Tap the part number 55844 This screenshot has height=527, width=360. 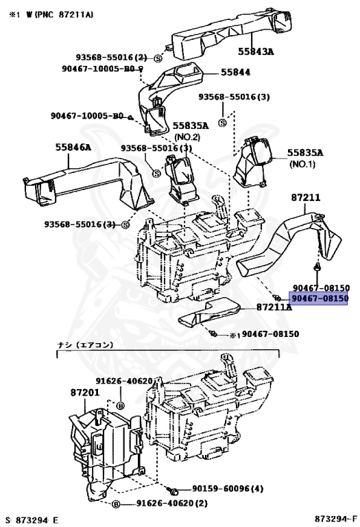click(235, 73)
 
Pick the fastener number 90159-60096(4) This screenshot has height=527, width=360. click(228, 489)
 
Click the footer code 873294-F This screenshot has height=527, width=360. click(335, 519)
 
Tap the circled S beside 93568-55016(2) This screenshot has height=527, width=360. click(158, 58)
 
